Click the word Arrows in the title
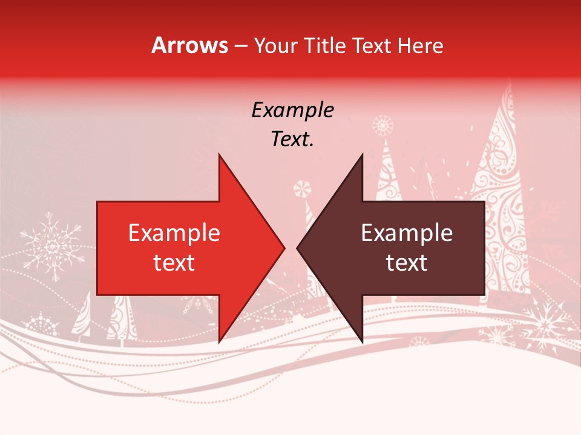pyautogui.click(x=189, y=45)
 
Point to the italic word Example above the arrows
pyautogui.click(x=292, y=110)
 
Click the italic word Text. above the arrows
pyautogui.click(x=292, y=139)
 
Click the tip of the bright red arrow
pyautogui.click(x=284, y=248)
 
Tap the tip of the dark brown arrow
pyautogui.click(x=298, y=248)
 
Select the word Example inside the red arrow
pyautogui.click(x=174, y=233)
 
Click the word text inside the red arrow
pyautogui.click(x=174, y=262)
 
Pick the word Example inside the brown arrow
pyautogui.click(x=407, y=233)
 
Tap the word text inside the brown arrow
pyautogui.click(x=407, y=262)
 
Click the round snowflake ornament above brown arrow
pyautogui.click(x=382, y=126)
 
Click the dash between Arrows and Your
pyautogui.click(x=240, y=47)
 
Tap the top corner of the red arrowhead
pyautogui.click(x=219, y=155)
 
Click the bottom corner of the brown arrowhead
pyautogui.click(x=362, y=342)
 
